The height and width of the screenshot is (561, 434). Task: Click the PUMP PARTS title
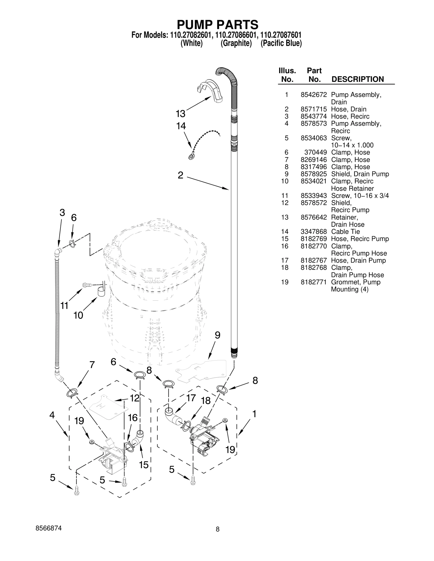[x=218, y=25]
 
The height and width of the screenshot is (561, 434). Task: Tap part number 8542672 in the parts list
[x=314, y=95]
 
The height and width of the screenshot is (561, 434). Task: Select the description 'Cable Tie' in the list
[x=345, y=232]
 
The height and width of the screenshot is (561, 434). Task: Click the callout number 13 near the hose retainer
[x=180, y=114]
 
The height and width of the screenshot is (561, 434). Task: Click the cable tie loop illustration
[x=191, y=157]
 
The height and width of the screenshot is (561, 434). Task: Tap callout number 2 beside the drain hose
[x=180, y=175]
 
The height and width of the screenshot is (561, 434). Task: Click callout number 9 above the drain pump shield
[x=217, y=335]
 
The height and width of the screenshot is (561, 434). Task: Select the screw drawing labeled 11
[x=87, y=285]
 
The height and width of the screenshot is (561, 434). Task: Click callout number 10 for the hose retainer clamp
[x=78, y=315]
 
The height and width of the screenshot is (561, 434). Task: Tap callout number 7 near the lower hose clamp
[x=92, y=365]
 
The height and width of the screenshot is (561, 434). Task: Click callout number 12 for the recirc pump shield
[x=135, y=398]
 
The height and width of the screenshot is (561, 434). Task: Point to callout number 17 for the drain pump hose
[x=191, y=398]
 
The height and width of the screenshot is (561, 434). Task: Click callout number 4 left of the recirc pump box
[x=52, y=415]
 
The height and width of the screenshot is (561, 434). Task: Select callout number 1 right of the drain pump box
[x=254, y=414]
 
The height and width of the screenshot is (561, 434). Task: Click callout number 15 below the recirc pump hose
[x=144, y=465]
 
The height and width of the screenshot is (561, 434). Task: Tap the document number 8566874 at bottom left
[x=49, y=528]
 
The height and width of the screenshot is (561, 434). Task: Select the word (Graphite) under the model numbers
[x=236, y=43]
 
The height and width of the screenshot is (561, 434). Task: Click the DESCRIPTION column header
[x=358, y=79]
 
